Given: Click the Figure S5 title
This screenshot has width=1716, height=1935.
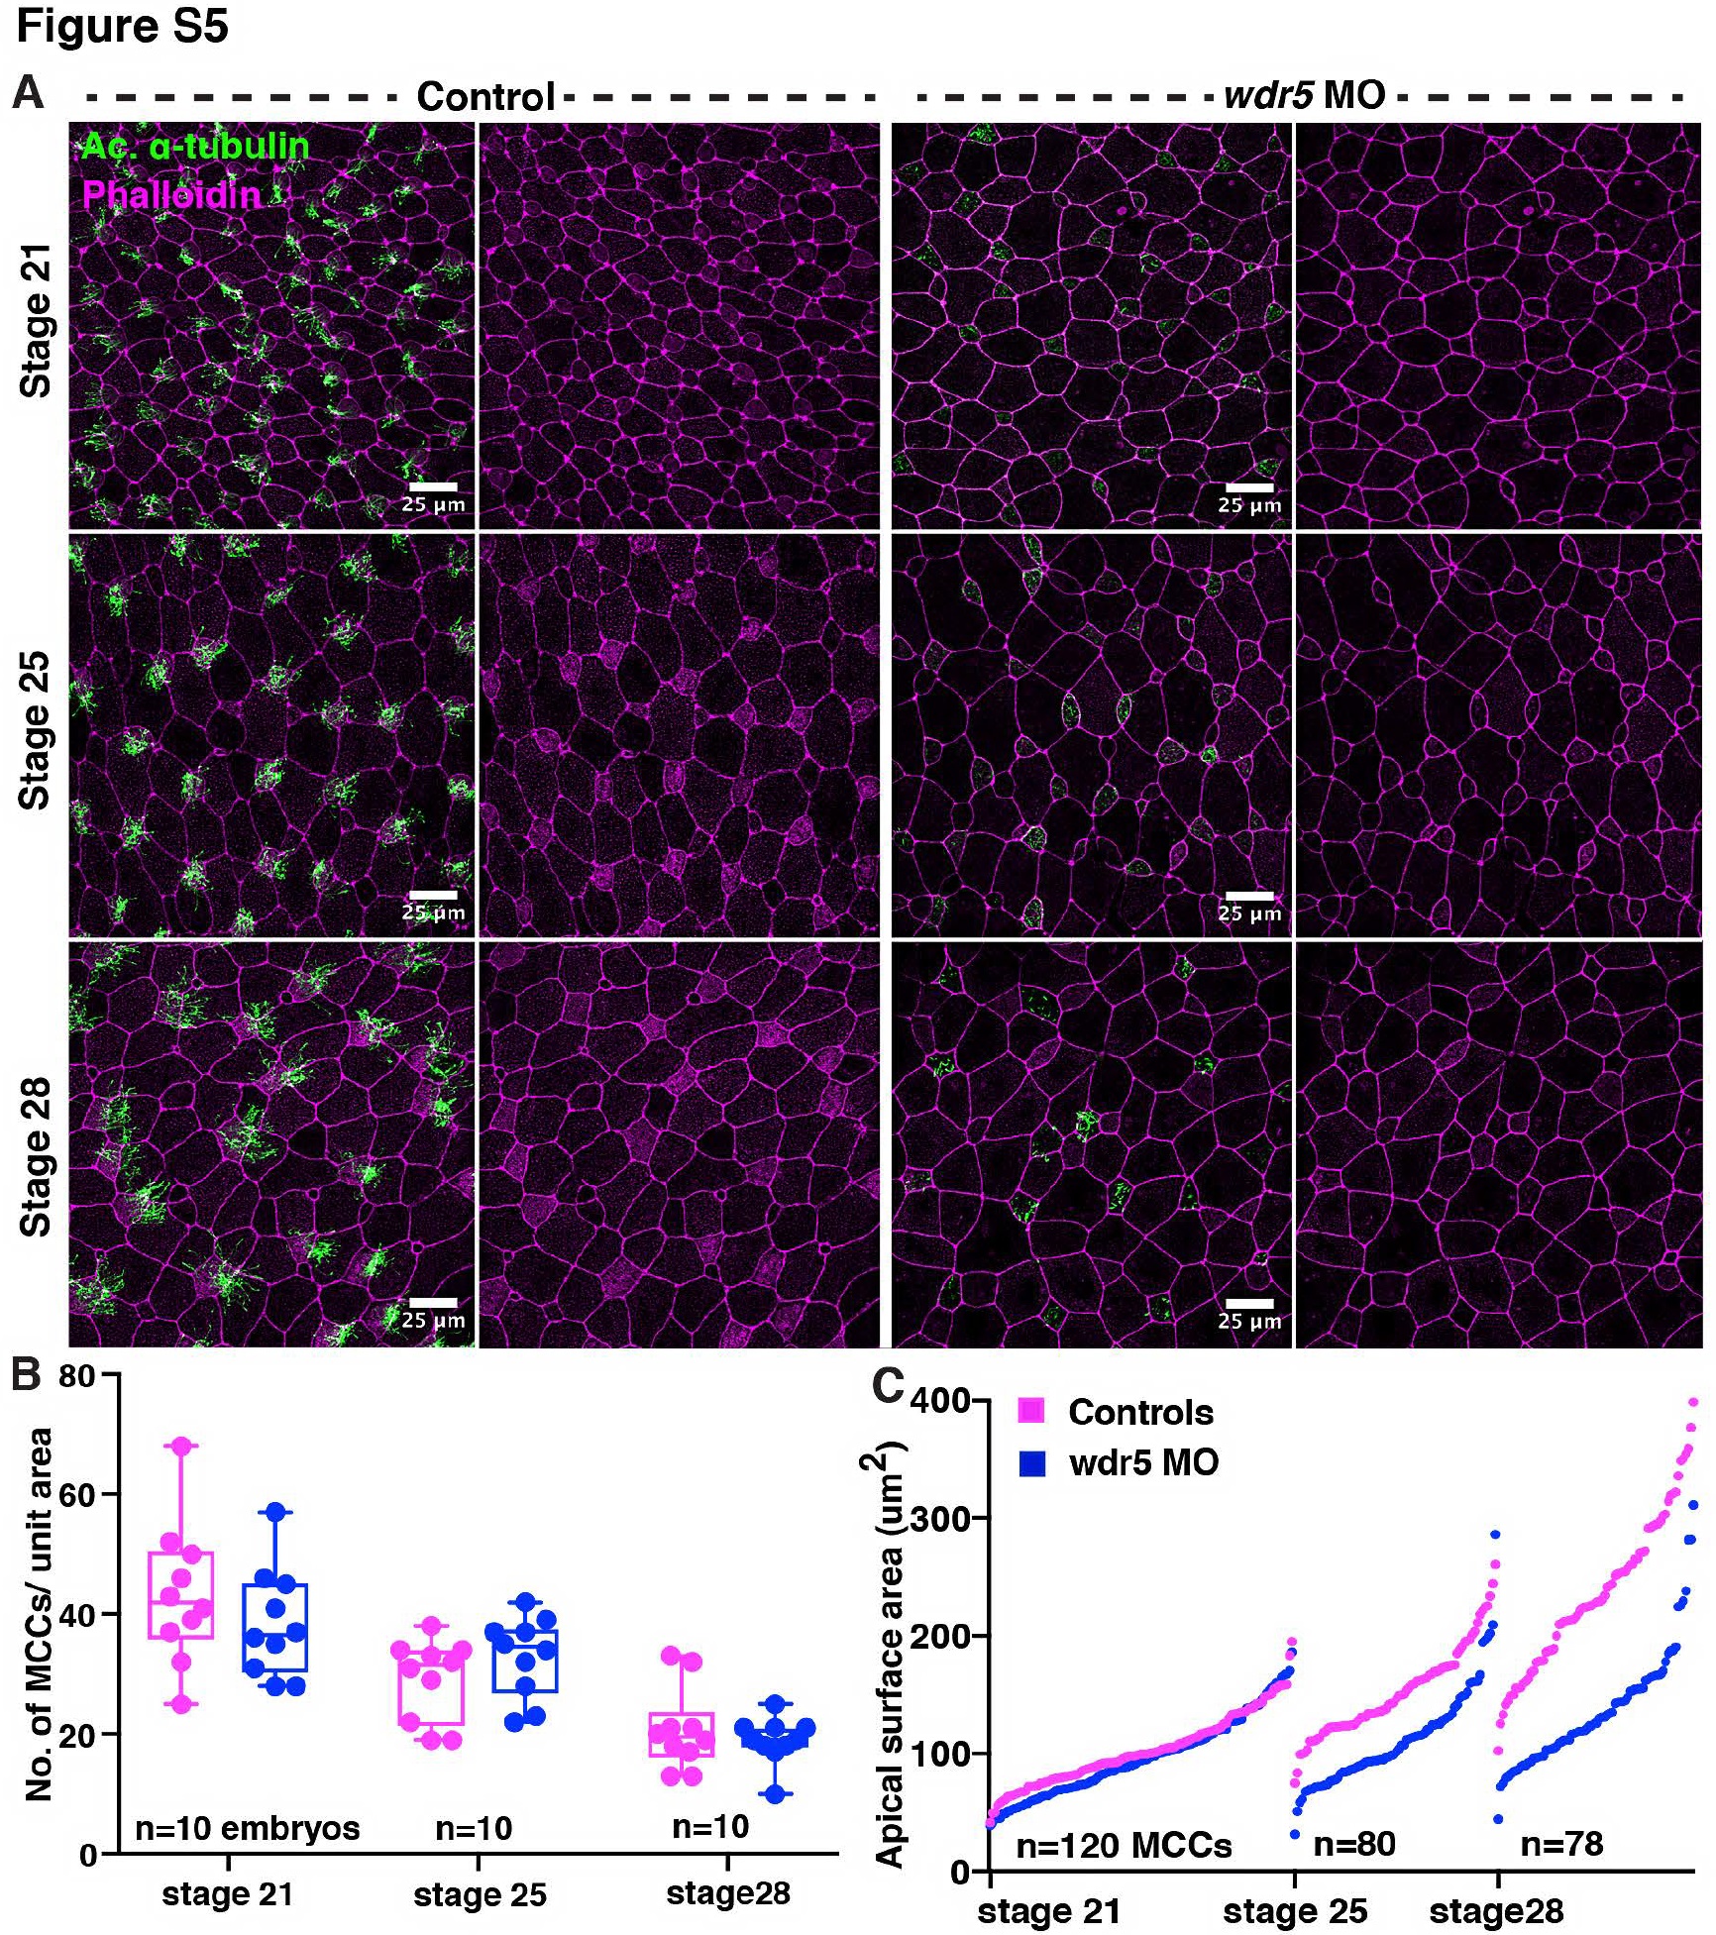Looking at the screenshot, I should coord(122,26).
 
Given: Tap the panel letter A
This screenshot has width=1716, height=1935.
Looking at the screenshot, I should coord(29,93).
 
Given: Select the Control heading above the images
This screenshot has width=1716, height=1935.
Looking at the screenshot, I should coord(484,96).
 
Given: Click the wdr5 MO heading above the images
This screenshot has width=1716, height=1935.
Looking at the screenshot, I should coord(1304,95).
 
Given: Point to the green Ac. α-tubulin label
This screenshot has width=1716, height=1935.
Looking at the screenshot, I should coord(195,147).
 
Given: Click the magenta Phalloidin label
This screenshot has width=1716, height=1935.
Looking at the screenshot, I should coord(170,194).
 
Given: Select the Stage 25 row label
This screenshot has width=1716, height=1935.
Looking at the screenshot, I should coord(36,730).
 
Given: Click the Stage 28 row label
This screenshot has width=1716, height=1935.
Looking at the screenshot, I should coord(36,1156).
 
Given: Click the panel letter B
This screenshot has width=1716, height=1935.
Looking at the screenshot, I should coord(27,1376).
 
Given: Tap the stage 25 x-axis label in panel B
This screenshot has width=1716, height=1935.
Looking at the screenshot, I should coord(480,1894).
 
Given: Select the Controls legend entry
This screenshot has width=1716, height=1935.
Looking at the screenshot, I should coord(1140,1412).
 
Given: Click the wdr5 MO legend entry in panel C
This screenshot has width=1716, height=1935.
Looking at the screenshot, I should coord(1143,1462).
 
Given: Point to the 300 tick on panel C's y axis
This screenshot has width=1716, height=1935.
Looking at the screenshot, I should coord(949,1518).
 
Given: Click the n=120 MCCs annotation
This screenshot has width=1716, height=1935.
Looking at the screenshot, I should coord(1124,1845).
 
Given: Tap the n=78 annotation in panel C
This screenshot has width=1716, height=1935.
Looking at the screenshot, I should coord(1561,1844).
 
